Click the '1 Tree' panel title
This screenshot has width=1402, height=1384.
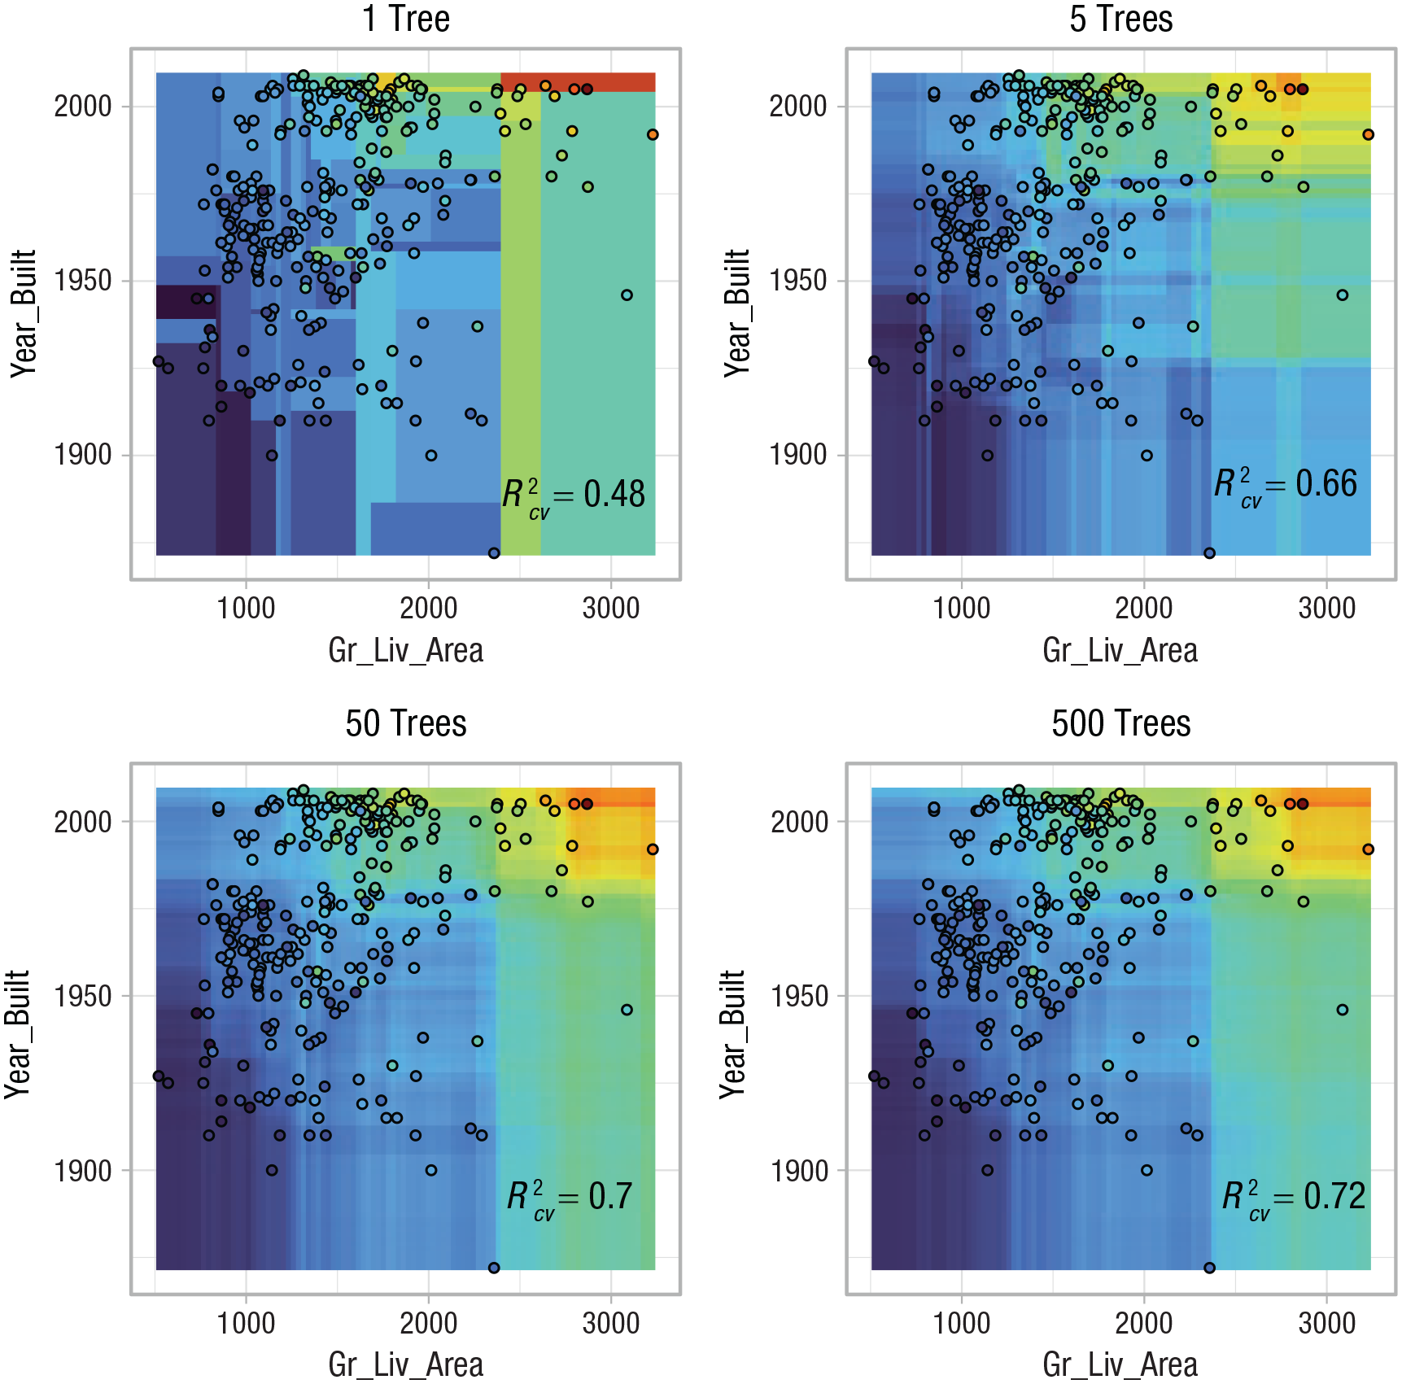405,18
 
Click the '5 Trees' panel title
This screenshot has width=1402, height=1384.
1120,18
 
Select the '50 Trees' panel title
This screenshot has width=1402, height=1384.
405,723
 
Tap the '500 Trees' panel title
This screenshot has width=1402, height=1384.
1120,723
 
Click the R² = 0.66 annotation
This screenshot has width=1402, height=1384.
1286,485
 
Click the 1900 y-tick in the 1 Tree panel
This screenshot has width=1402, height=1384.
82,455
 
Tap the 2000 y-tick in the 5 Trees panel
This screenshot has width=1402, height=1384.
798,106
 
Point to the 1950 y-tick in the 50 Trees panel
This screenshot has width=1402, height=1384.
82,996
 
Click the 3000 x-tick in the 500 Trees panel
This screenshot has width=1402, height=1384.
1326,1323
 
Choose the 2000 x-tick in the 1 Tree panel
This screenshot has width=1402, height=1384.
428,608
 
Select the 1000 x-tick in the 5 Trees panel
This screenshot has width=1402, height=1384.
961,608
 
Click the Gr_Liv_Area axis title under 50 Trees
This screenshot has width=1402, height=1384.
405,1365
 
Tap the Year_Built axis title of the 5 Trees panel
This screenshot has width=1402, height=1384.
737,313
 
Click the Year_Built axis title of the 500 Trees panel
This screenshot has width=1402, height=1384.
732,1033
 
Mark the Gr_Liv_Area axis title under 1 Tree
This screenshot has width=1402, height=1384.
405,651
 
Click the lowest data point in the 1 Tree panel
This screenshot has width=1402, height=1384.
494,553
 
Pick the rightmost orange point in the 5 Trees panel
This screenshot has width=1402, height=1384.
1368,135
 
